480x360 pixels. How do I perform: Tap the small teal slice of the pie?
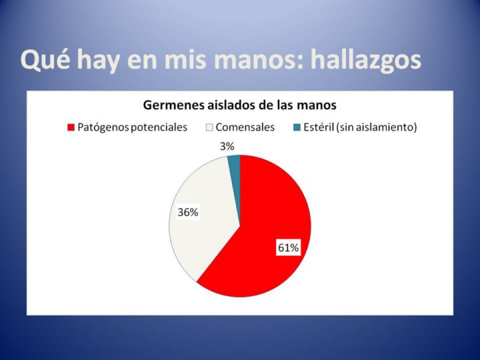(x=235, y=161)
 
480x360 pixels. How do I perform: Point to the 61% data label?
(x=288, y=247)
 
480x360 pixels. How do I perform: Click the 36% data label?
(x=188, y=212)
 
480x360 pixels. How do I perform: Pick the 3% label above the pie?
(x=227, y=147)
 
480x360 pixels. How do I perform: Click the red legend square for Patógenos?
(x=71, y=127)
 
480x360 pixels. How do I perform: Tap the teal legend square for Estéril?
(x=297, y=127)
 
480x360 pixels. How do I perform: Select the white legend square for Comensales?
(x=209, y=127)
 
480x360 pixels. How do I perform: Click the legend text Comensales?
(x=245, y=127)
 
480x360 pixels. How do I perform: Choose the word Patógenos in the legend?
(x=103, y=127)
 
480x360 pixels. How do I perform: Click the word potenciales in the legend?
(x=159, y=127)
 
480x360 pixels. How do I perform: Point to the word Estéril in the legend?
(x=319, y=127)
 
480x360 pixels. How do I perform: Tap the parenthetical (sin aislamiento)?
(x=377, y=127)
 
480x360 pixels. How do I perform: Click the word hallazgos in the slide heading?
(x=366, y=60)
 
